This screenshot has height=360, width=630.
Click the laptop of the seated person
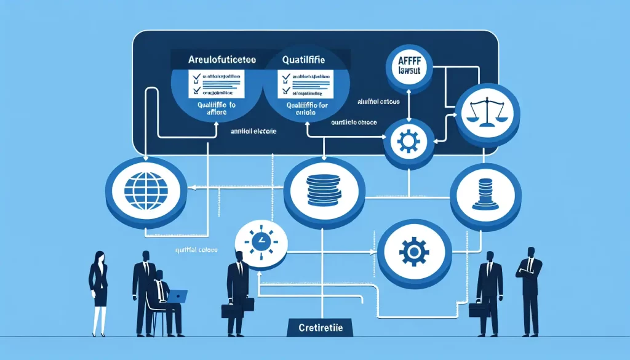point(177,297)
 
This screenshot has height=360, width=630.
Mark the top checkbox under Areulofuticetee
point(197,77)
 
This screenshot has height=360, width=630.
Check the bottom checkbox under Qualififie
point(285,91)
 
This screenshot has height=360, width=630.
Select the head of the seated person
point(160,275)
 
